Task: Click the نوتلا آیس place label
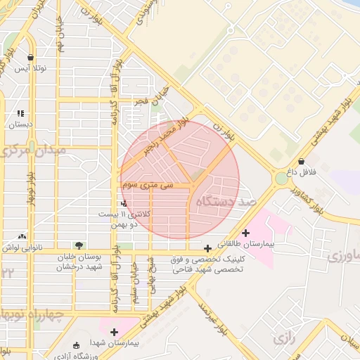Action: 30,68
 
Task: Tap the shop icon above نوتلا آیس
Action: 30,58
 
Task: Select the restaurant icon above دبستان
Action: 20,112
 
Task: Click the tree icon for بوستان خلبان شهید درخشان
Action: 79,245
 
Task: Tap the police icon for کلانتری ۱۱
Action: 125,202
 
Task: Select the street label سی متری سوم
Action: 146,186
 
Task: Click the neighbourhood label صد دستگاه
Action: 226,202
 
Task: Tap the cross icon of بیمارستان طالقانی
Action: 245,233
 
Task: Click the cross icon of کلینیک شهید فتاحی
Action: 207,248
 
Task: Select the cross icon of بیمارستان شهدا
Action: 114,331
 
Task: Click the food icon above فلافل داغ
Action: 302,161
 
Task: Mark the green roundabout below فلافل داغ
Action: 282,179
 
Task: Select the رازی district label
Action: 284,339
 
